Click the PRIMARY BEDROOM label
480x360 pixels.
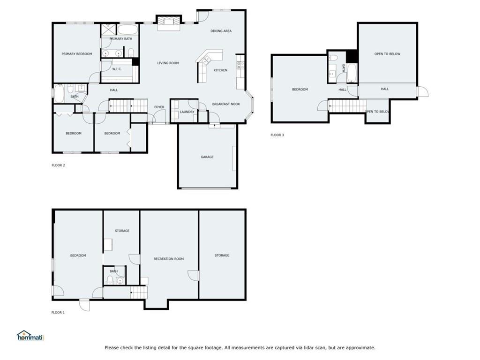(76, 54)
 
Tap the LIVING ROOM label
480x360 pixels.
(168, 63)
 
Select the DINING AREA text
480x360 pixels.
(221, 31)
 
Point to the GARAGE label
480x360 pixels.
(207, 157)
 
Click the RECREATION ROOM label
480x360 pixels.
(169, 259)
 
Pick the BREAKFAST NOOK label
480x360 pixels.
(226, 104)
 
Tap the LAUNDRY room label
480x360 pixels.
(187, 112)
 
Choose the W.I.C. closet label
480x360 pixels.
(117, 69)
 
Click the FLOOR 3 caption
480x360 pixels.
(277, 135)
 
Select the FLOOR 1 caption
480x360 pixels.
(58, 313)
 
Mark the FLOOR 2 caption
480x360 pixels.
(58, 165)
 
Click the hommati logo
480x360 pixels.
(30, 336)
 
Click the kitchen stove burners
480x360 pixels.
(240, 65)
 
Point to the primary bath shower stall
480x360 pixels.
(108, 30)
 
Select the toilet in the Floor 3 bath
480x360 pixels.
(333, 58)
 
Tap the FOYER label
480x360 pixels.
(159, 107)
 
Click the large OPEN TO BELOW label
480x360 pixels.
(387, 54)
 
